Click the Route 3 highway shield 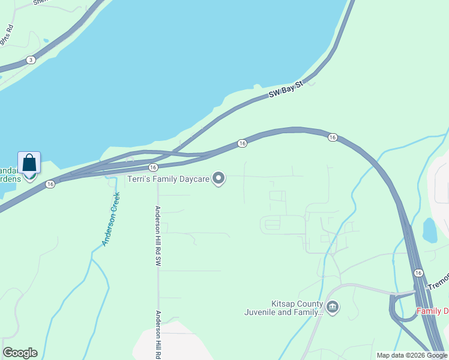click(x=30, y=60)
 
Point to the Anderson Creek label click(x=111, y=219)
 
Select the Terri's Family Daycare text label click(x=169, y=178)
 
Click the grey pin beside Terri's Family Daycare click(x=219, y=178)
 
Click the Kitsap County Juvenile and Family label click(x=283, y=308)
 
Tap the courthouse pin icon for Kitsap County click(x=333, y=308)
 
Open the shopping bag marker click(x=29, y=163)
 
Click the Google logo click(x=20, y=353)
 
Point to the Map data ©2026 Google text click(x=411, y=355)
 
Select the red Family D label click(x=432, y=311)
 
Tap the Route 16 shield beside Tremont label click(x=418, y=273)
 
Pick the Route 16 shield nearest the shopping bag click(x=50, y=184)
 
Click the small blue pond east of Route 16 click(x=430, y=230)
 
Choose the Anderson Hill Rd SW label click(x=158, y=236)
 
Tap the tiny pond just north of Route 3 click(x=46, y=41)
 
